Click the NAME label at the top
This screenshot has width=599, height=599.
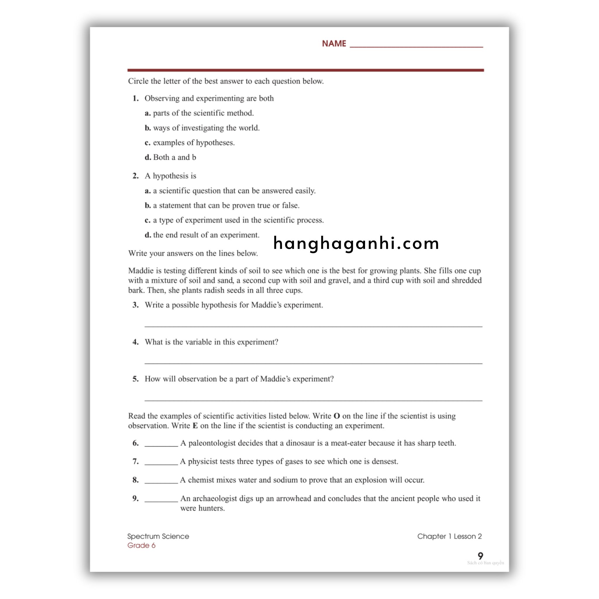(x=334, y=44)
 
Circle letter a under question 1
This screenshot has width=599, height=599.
(x=148, y=113)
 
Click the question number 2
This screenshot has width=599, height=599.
(x=135, y=176)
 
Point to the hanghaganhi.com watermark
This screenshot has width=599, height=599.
(x=356, y=243)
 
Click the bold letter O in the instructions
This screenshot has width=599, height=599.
(x=337, y=416)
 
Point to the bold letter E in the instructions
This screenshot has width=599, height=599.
(x=195, y=426)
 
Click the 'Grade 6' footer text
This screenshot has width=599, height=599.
(x=141, y=545)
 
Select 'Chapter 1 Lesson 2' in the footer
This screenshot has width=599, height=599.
(x=449, y=536)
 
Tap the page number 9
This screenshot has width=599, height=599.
(x=480, y=556)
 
